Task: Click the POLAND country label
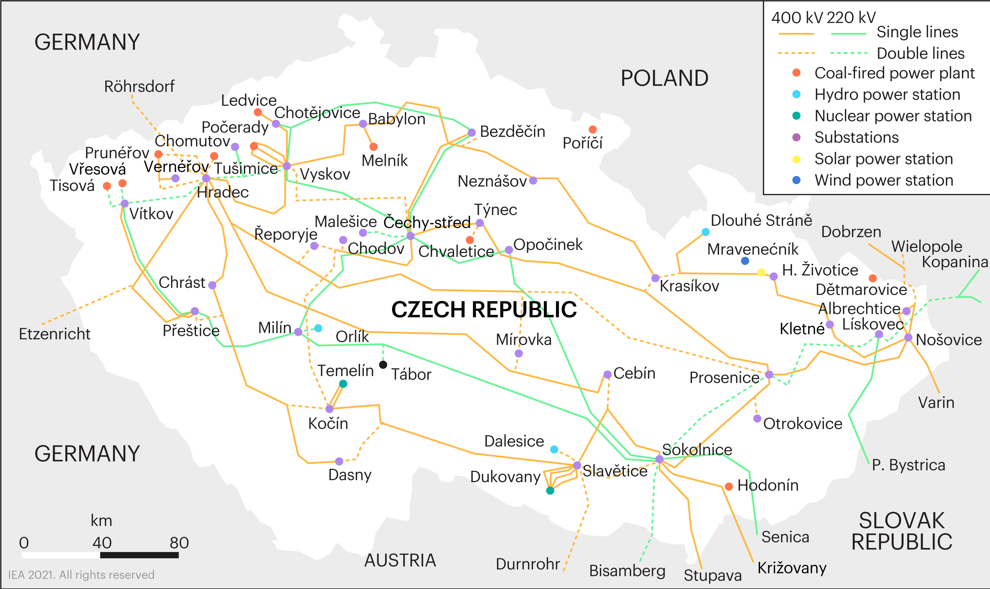pos(664,78)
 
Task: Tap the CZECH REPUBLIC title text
pos(483,310)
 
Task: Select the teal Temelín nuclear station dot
pos(343,384)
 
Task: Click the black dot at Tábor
pos(383,364)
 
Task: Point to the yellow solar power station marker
pos(761,272)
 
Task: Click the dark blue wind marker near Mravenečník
pos(745,261)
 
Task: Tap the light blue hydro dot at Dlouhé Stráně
pos(705,232)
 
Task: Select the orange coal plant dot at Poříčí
pos(593,129)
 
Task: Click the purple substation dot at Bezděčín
pos(472,133)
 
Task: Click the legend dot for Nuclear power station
pos(796,116)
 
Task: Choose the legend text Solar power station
pos(883,159)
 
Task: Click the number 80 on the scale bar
pos(179,542)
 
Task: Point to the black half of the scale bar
pos(139,555)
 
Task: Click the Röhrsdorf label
pos(139,86)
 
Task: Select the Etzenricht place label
pos(54,334)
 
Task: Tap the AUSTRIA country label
pos(400,560)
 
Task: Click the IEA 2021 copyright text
pos(81,575)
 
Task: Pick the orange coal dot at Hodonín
pos(729,487)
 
